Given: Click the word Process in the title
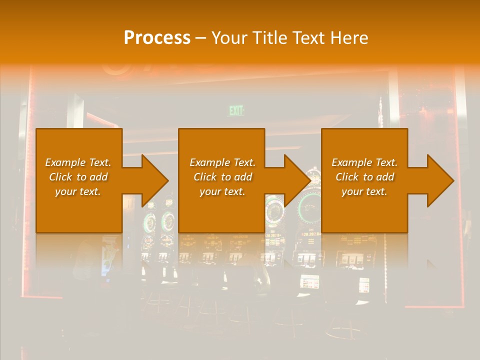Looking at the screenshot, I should point(157,38).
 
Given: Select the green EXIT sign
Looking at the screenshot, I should point(236,111).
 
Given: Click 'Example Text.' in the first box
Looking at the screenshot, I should point(78,162).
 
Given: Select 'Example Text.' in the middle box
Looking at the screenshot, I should point(222,162).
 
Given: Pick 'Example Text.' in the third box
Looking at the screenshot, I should point(364,162).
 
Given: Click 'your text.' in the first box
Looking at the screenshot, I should point(78,191).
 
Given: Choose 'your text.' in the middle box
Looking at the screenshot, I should point(222,191).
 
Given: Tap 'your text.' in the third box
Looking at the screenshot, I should point(364,191).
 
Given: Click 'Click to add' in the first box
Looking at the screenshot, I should point(78,177).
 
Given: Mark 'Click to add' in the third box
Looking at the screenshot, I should point(364,177).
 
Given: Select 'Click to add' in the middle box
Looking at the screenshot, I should point(222,177).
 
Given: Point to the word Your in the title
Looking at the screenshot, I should point(227,38).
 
